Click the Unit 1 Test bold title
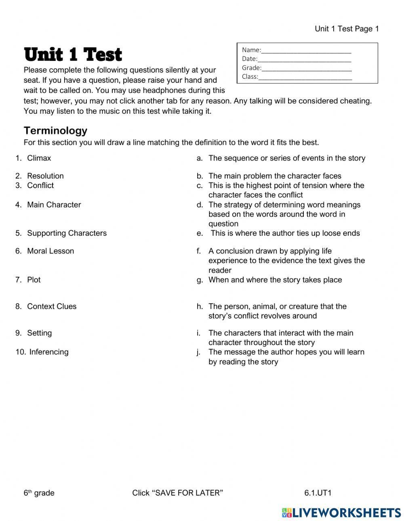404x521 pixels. [73, 55]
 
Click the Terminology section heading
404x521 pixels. [55, 130]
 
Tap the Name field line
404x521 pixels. [306, 50]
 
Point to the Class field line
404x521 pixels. [305, 77]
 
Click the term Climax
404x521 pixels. [39, 158]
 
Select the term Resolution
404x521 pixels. [45, 176]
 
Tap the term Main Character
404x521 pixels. [54, 205]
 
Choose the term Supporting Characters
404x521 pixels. [67, 233]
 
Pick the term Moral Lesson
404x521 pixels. [50, 251]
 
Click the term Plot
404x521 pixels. [34, 280]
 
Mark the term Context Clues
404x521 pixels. [52, 306]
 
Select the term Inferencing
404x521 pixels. [49, 352]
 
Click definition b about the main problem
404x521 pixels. [275, 176]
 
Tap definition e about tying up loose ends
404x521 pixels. [285, 233]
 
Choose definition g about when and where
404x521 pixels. [275, 280]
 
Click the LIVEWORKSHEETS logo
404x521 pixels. [341, 513]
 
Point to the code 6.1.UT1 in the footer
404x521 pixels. [318, 493]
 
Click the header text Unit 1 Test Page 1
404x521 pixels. [347, 29]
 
